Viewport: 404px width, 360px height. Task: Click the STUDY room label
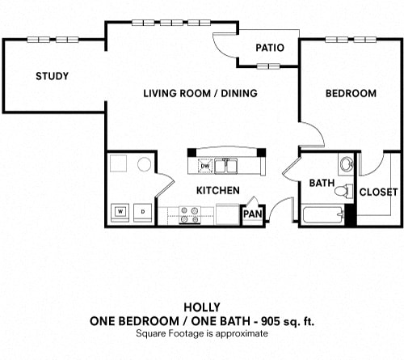tap(53, 76)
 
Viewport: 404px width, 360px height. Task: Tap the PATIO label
tap(270, 48)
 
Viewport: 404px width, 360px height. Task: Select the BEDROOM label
tap(351, 93)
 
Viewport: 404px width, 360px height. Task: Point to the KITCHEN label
tap(218, 191)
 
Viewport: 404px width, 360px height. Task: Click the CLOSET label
tap(378, 192)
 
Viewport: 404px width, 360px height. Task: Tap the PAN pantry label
tap(252, 214)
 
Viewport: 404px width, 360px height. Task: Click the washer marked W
tap(120, 213)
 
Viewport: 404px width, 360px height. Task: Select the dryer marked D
tap(143, 213)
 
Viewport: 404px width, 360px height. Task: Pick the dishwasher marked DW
tap(205, 166)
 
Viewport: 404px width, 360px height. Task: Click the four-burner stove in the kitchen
tap(190, 215)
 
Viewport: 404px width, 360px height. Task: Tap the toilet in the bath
tap(343, 191)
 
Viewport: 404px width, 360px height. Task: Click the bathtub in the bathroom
tap(323, 214)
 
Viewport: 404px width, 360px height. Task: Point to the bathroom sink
tap(347, 163)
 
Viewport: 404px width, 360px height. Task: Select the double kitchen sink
tap(225, 166)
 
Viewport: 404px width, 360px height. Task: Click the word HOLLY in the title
tap(202, 307)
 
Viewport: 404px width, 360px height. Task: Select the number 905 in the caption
tap(270, 321)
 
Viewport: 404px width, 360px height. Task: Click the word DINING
tap(239, 93)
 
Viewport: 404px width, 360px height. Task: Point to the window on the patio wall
tap(268, 66)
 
